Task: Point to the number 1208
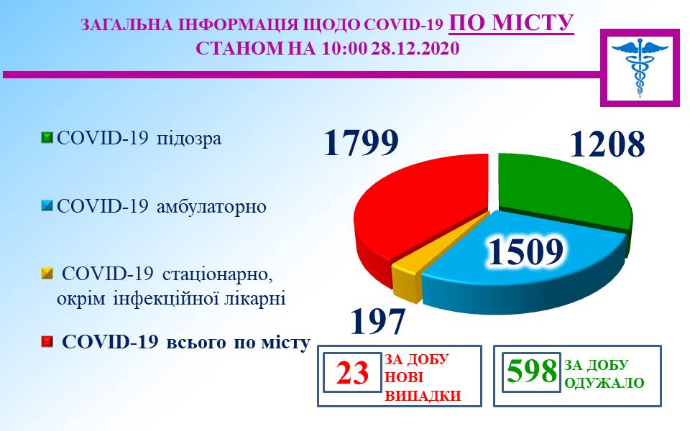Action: point(607,144)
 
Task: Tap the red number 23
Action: point(352,373)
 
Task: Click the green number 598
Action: point(532,371)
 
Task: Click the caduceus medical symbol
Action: point(640,68)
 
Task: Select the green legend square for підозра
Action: point(47,138)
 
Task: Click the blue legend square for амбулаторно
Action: point(47,205)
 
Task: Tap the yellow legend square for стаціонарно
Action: point(47,274)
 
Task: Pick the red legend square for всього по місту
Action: point(47,342)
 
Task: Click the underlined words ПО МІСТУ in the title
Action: point(511,23)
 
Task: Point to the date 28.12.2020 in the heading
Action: point(415,48)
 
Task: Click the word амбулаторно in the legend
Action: point(211,206)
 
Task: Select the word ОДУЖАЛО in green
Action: point(604,383)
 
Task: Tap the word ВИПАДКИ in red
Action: point(423,396)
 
